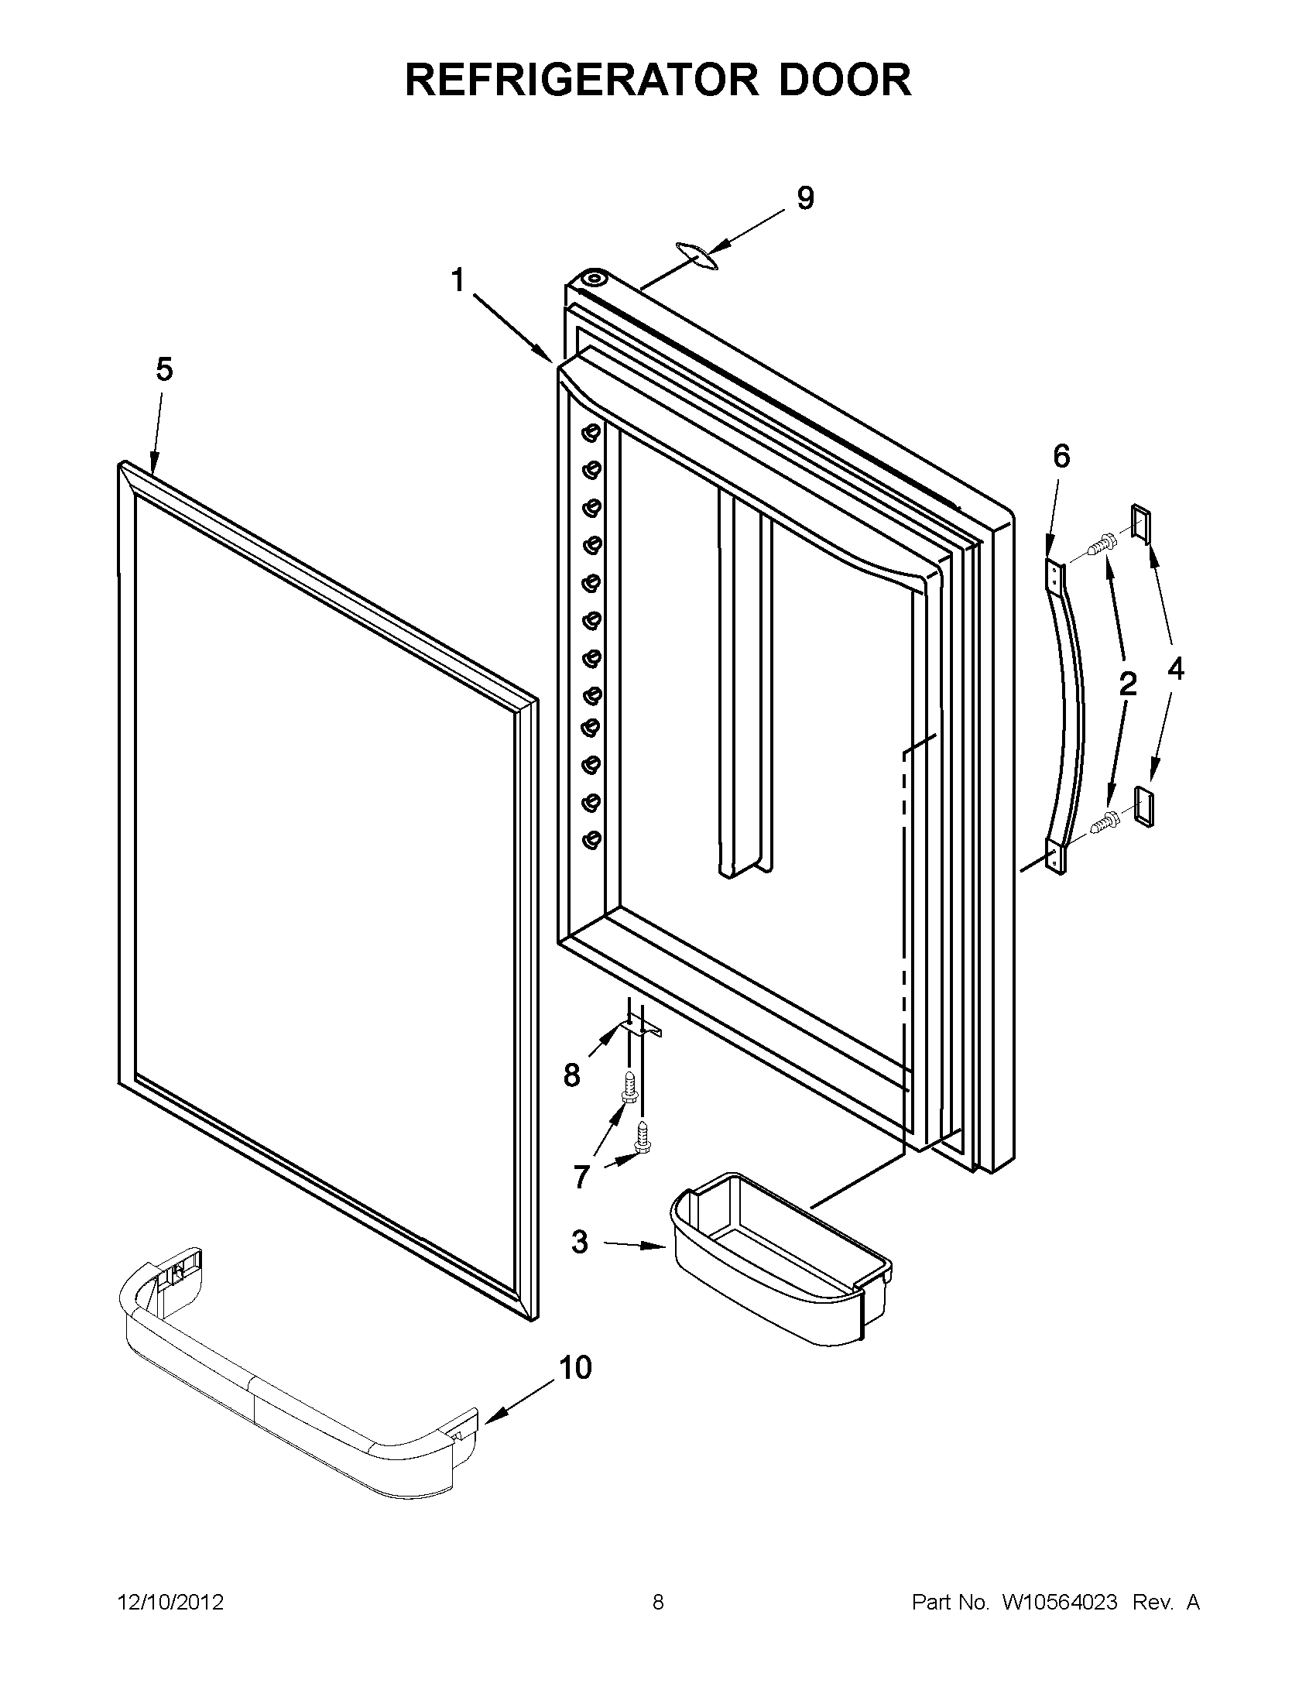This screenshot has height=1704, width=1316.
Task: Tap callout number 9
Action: tap(805, 198)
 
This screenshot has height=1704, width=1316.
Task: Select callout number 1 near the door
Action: tap(458, 279)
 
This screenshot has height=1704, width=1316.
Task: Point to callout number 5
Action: tap(164, 369)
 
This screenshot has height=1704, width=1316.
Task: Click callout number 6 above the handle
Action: tap(1061, 456)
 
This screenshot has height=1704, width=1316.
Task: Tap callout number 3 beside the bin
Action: tap(579, 1241)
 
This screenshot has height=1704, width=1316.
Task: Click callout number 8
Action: tap(572, 1076)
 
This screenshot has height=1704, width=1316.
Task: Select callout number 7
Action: tap(581, 1177)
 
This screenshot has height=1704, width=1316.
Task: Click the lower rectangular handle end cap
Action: tap(1143, 807)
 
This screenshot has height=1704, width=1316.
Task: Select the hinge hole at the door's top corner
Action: tap(595, 279)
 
